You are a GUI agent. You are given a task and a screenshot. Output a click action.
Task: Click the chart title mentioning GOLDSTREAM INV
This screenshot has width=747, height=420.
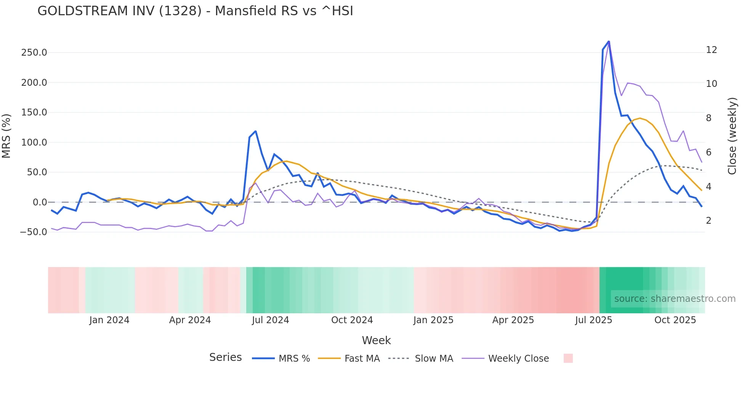(195, 11)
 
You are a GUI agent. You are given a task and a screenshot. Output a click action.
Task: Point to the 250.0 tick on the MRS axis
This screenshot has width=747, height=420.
(34, 53)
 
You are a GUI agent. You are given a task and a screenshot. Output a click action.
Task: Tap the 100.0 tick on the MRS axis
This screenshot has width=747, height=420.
(34, 143)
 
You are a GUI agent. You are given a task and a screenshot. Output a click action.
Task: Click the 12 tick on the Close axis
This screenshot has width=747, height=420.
(712, 50)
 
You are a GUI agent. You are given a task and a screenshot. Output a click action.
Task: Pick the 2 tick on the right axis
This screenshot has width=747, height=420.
(709, 221)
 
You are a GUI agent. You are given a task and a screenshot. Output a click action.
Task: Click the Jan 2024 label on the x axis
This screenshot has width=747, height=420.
(109, 320)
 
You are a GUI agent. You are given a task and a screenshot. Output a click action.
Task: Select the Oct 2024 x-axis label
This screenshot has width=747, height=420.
(352, 320)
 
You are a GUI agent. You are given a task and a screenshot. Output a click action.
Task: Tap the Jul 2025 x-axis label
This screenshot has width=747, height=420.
(593, 320)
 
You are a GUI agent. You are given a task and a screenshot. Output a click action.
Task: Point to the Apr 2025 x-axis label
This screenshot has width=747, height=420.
(513, 320)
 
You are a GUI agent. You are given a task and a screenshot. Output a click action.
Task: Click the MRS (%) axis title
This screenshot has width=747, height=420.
(6, 136)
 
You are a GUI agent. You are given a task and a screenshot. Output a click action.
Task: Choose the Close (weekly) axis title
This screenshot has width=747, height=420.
(732, 136)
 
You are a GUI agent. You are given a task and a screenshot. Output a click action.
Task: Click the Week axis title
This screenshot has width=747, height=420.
(376, 340)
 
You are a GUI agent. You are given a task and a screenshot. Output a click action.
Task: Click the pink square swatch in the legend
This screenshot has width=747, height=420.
(568, 358)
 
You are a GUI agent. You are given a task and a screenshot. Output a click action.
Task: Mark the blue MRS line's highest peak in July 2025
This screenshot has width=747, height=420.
(609, 41)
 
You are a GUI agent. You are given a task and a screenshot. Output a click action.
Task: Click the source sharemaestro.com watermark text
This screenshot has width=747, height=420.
(675, 299)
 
